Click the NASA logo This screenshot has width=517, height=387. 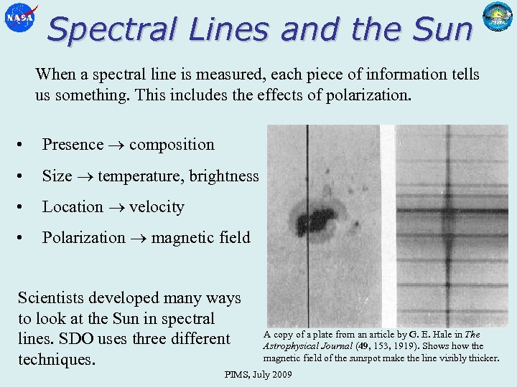tap(19, 18)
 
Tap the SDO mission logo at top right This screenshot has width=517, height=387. tap(497, 16)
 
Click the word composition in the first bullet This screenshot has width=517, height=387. tap(172, 145)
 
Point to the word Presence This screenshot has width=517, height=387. tap(73, 145)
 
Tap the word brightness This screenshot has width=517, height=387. tap(223, 176)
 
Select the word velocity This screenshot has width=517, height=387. tap(157, 207)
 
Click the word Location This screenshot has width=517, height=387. tap(73, 207)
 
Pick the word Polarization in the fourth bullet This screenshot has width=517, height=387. tap(83, 238)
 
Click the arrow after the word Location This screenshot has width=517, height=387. tap(116, 208)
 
